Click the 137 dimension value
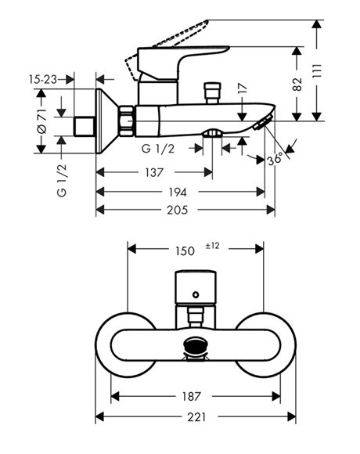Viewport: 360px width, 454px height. point(154,172)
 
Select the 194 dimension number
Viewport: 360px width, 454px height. point(178,192)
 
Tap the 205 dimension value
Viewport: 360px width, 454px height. point(177,210)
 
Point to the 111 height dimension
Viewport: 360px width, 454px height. point(318,70)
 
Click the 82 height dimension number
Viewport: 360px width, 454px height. point(297,85)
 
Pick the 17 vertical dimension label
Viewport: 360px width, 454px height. point(243,88)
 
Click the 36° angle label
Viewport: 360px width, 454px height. point(275,158)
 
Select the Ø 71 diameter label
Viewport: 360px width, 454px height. point(42,121)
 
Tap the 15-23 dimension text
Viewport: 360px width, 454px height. point(43,79)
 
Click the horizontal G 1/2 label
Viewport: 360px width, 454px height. point(158,149)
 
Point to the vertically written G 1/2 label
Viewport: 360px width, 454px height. point(62,180)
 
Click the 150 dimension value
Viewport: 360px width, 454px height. point(185,251)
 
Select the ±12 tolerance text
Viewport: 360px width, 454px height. point(212,246)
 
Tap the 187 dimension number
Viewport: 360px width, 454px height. point(191,396)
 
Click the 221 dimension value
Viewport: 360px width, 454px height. point(196,417)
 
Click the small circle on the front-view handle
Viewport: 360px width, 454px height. point(196,295)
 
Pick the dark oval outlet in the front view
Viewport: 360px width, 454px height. point(196,344)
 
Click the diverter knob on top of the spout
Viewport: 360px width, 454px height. point(213,92)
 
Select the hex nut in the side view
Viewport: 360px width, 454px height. point(127,121)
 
